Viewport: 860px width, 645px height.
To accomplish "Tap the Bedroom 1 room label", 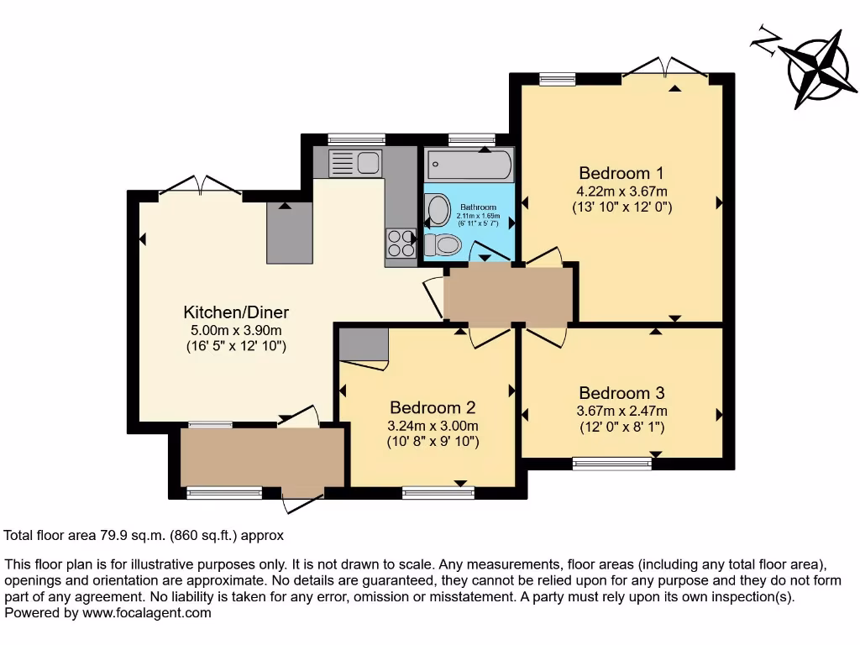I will (x=621, y=173).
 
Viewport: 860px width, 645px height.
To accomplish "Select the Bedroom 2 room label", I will (x=433, y=407).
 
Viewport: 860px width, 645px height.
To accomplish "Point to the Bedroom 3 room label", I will (x=621, y=392).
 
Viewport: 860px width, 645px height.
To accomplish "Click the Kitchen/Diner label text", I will (x=236, y=312).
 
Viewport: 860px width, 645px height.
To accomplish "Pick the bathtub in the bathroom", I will (x=468, y=165).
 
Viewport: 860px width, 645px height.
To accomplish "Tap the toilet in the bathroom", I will (x=442, y=244).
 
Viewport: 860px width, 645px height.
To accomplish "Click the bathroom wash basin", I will (x=438, y=210).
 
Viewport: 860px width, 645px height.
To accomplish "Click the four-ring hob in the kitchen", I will (x=401, y=244).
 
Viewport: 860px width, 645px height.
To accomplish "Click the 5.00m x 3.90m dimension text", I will (x=236, y=330).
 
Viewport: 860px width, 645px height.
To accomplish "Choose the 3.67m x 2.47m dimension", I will (x=621, y=411).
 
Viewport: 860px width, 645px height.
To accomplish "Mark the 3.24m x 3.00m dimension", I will (x=433, y=425).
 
